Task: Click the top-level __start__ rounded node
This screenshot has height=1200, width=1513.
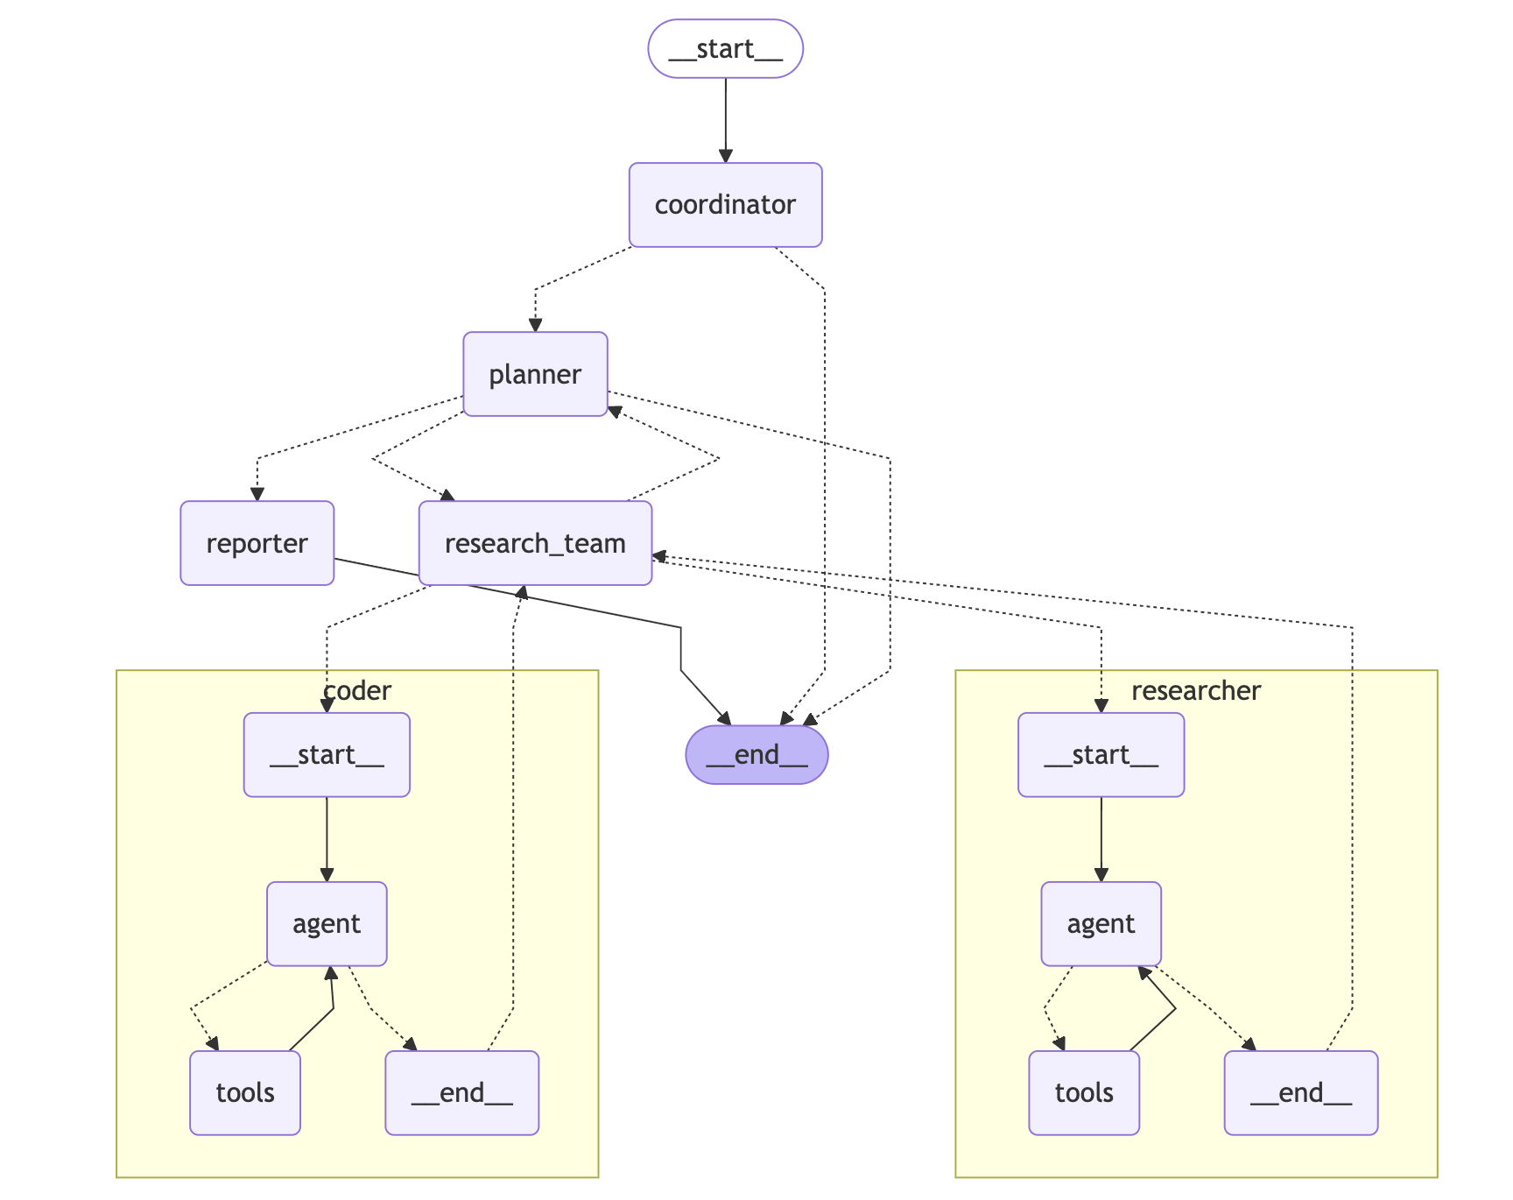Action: pyautogui.click(x=725, y=49)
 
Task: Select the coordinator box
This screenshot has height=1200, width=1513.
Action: pyautogui.click(x=725, y=205)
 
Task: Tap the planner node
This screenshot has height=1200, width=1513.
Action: pyautogui.click(x=535, y=374)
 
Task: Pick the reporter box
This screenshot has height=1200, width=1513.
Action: pyautogui.click(x=257, y=543)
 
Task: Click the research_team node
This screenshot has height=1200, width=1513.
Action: pyautogui.click(x=535, y=543)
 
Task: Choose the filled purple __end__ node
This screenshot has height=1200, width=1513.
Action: pyautogui.click(x=756, y=754)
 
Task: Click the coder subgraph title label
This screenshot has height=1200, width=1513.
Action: pyautogui.click(x=357, y=690)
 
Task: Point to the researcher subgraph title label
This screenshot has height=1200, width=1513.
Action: pyautogui.click(x=1195, y=690)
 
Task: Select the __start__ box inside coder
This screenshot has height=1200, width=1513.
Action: pyautogui.click(x=327, y=754)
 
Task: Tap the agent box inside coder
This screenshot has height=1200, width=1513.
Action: pyautogui.click(x=327, y=923)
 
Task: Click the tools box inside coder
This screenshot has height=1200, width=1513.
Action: pyautogui.click(x=245, y=1092)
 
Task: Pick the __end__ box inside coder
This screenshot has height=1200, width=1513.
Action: pyautogui.click(x=461, y=1092)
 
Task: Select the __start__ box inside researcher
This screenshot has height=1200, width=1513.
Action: pyautogui.click(x=1101, y=754)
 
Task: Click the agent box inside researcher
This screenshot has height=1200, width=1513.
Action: pyautogui.click(x=1101, y=923)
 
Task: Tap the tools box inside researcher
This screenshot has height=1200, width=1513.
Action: pyautogui.click(x=1084, y=1092)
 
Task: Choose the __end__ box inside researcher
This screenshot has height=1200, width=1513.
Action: pyautogui.click(x=1300, y=1092)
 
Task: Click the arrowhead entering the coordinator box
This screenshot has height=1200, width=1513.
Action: pyautogui.click(x=725, y=156)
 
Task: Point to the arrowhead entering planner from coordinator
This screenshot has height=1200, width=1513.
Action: pyautogui.click(x=535, y=325)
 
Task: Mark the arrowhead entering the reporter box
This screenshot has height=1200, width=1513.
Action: pyautogui.click(x=257, y=494)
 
